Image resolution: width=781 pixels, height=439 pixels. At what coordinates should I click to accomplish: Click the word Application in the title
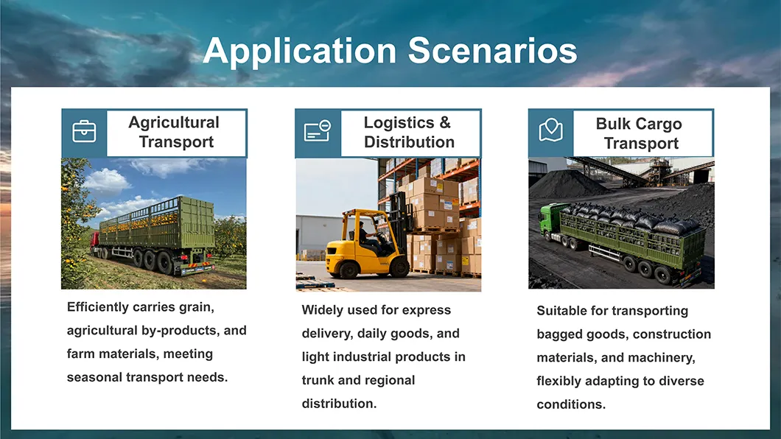pos(300,52)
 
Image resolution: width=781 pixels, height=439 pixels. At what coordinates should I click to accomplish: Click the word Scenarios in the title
pos(493,50)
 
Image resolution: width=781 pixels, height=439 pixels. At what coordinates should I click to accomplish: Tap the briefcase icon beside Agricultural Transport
pos(84,131)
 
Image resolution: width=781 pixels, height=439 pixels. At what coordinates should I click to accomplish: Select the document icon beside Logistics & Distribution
pos(318,130)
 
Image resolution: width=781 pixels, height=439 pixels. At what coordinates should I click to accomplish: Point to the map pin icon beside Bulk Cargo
pos(551,130)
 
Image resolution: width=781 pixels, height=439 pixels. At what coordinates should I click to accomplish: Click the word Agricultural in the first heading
pos(174,122)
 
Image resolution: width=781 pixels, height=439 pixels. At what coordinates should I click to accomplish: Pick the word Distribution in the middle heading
pos(409,142)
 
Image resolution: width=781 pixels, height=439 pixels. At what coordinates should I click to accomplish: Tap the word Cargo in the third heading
pos(658,124)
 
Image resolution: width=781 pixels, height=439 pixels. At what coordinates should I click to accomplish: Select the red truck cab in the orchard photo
pos(94,242)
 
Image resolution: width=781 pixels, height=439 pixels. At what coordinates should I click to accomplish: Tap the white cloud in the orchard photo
pos(106,182)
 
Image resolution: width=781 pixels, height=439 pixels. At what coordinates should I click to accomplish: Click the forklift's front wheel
pos(399,267)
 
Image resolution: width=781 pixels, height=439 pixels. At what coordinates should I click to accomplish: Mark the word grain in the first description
pos(196,308)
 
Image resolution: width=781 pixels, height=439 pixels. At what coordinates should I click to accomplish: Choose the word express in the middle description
pos(427,311)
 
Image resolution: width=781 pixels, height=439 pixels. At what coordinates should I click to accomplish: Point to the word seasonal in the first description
pos(94,377)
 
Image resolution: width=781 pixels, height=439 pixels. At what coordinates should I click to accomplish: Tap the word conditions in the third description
pos(571,404)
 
